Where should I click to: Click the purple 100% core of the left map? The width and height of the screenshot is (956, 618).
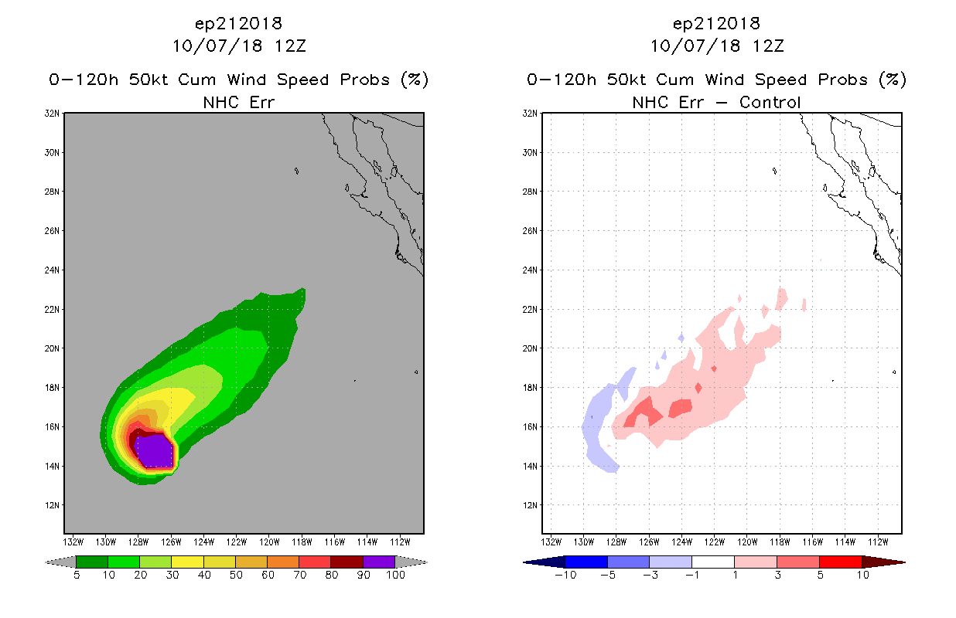click(155, 451)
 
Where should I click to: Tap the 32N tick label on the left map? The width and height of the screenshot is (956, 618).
click(52, 114)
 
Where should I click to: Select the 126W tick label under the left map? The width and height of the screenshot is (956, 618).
click(171, 542)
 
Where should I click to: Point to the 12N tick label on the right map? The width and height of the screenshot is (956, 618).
click(530, 505)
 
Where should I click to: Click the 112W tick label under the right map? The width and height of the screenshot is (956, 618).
click(879, 542)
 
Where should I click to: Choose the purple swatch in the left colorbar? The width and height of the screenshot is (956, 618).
click(379, 562)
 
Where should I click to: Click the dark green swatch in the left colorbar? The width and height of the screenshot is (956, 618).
click(92, 562)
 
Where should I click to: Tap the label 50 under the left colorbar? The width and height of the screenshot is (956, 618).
click(236, 575)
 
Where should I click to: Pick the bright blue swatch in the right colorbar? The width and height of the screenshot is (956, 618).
click(586, 562)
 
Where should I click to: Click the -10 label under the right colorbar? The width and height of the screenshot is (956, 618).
click(565, 575)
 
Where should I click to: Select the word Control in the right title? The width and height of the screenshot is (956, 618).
click(770, 102)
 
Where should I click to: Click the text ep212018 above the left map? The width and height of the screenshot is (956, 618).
click(238, 24)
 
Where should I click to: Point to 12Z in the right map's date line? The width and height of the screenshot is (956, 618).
click(768, 46)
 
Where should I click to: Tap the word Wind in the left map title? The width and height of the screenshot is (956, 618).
click(247, 80)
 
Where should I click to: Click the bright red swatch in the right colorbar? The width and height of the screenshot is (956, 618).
click(840, 562)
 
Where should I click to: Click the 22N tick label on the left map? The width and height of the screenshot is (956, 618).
click(52, 310)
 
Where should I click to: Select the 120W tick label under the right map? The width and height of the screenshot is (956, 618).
click(747, 542)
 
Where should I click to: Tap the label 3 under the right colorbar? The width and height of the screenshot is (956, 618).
click(777, 575)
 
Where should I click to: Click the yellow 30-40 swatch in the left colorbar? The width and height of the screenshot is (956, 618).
click(187, 562)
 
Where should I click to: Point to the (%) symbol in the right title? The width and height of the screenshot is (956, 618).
click(893, 80)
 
